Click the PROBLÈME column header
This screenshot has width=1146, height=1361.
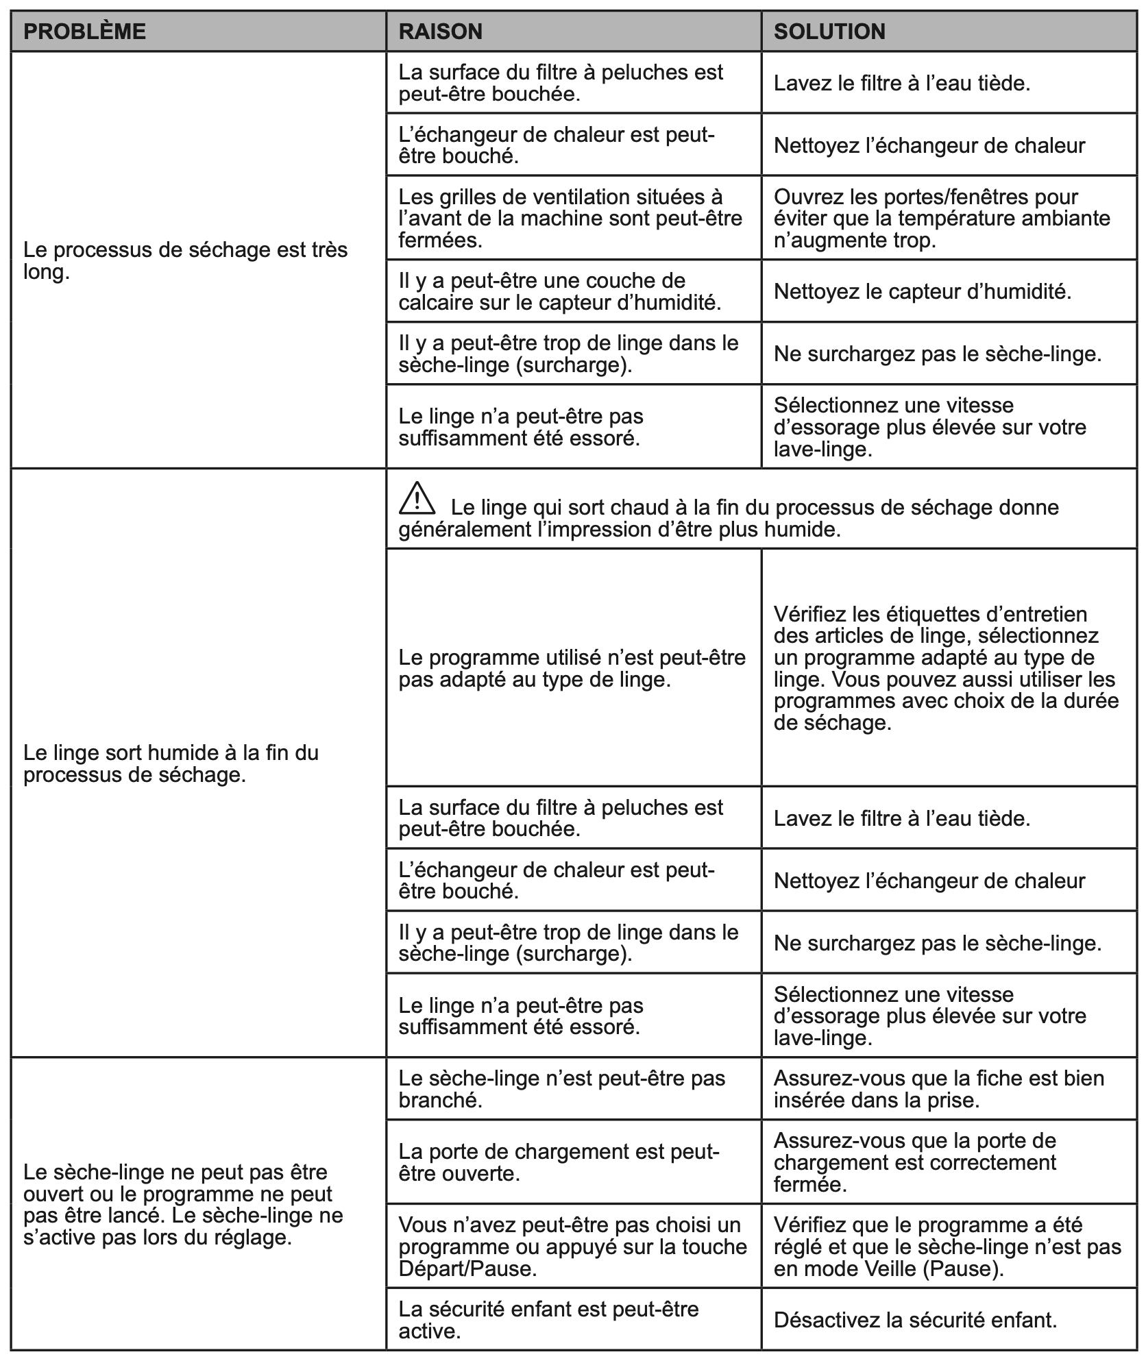pyautogui.click(x=84, y=32)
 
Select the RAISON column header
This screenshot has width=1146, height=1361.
pyautogui.click(x=440, y=32)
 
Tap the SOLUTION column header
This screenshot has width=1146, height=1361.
pyautogui.click(x=829, y=32)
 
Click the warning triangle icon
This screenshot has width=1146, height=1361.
pyautogui.click(x=417, y=498)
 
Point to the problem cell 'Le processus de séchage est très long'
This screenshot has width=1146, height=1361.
pyautogui.click(x=185, y=260)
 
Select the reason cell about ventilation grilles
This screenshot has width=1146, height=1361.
pyautogui.click(x=570, y=219)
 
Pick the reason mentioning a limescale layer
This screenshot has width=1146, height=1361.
pyautogui.click(x=559, y=291)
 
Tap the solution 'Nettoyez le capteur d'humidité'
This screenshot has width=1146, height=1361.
pyautogui.click(x=922, y=292)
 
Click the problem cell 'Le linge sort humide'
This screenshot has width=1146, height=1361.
pyautogui.click(x=171, y=763)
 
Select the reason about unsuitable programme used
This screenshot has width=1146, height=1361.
pyautogui.click(x=572, y=668)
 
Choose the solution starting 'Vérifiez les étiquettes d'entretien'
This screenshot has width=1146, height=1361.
pyautogui.click(x=945, y=668)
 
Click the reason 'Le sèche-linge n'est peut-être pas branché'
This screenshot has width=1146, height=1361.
pyautogui.click(x=561, y=1089)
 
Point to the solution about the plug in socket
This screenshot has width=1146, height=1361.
pyautogui.click(x=938, y=1089)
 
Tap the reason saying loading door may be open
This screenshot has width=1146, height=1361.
pyautogui.click(x=559, y=1162)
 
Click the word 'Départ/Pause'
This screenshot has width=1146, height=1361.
pyautogui.click(x=467, y=1268)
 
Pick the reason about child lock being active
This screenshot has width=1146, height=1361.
pyautogui.click(x=548, y=1320)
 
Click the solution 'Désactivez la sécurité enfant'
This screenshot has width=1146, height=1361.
pyautogui.click(x=915, y=1320)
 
